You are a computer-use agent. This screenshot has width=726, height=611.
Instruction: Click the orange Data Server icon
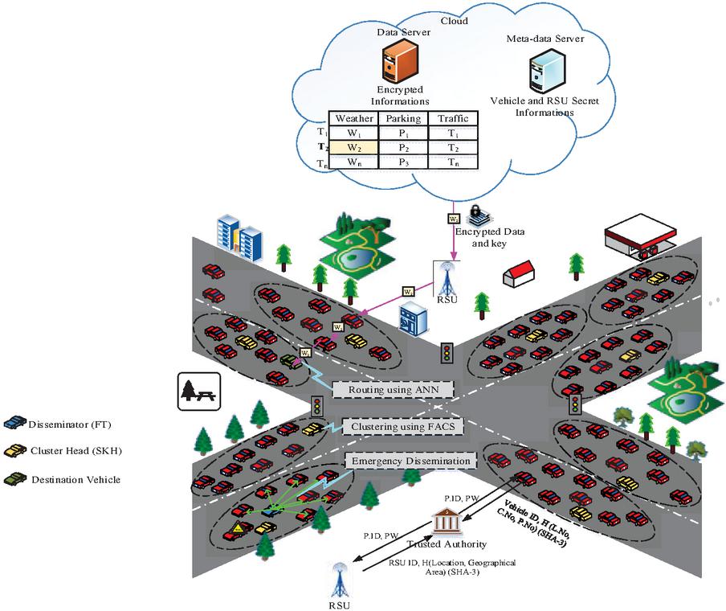pos(398,62)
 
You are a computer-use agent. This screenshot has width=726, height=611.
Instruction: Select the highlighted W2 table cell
pos(354,148)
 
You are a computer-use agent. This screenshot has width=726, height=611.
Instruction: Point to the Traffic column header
pos(453,119)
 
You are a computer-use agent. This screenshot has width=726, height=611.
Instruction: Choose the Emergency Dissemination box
pos(410,461)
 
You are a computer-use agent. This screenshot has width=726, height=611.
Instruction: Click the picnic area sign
pos(194,391)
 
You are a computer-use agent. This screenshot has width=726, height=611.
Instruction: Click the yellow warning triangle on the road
pos(239,528)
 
